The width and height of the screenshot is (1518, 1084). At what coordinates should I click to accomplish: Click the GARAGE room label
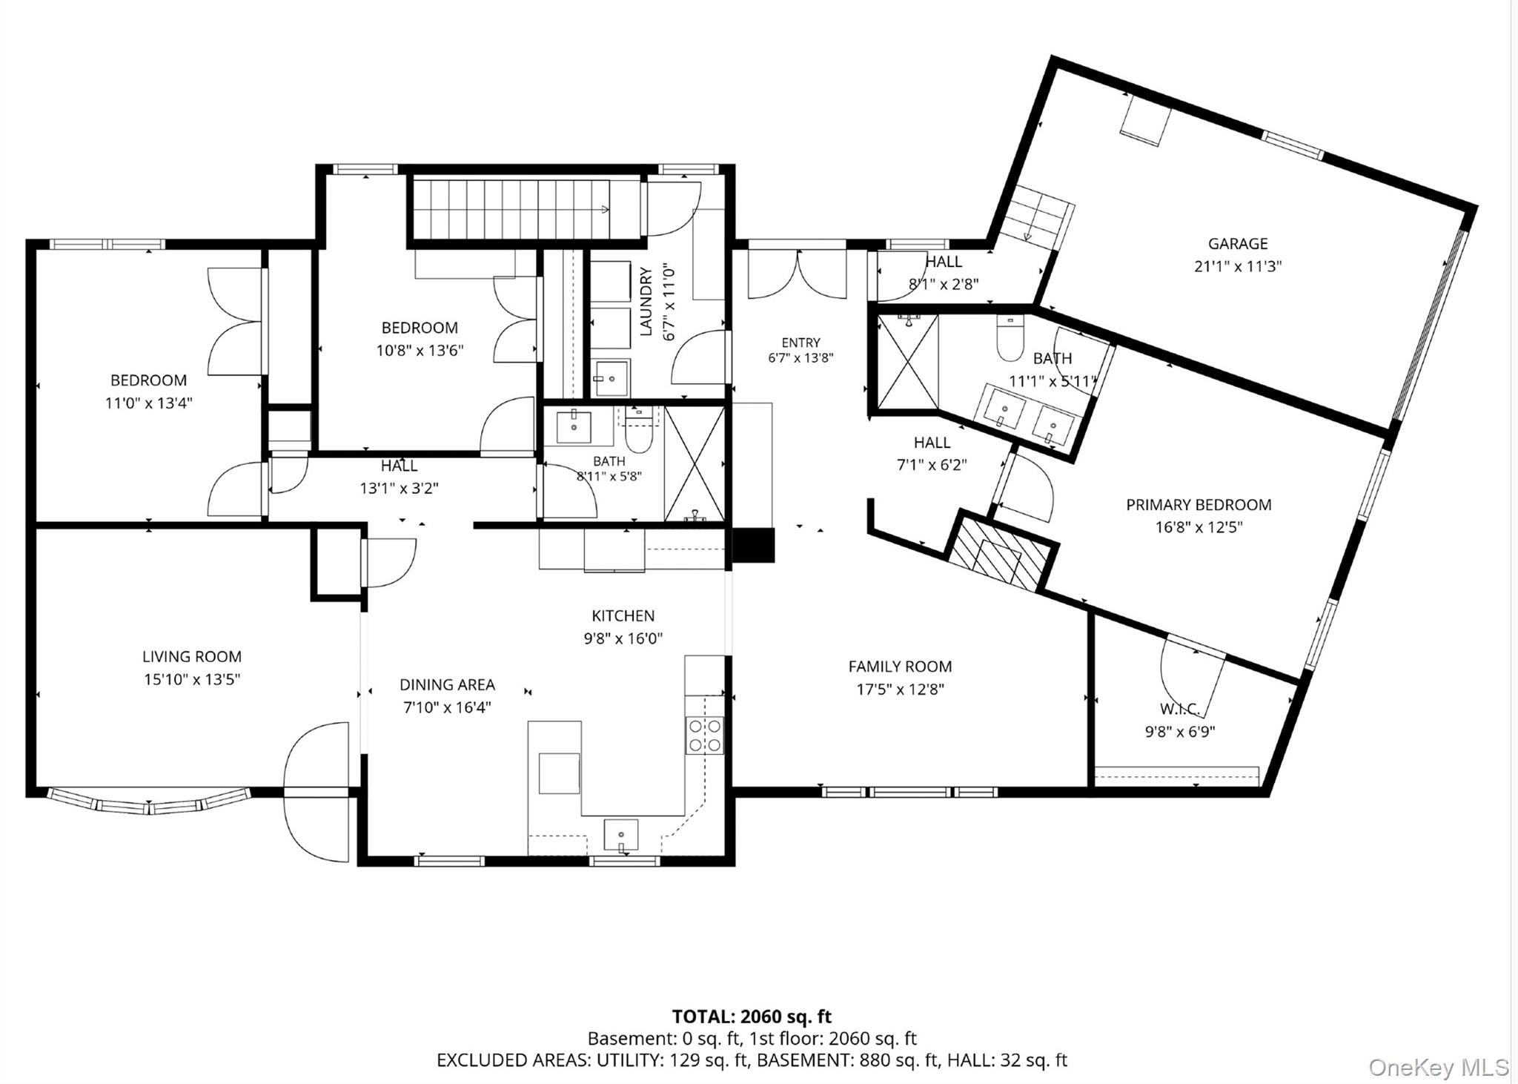[1238, 243]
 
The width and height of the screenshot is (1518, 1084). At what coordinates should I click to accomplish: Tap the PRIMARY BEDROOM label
[1199, 505]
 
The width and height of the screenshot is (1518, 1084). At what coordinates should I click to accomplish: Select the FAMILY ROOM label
[900, 667]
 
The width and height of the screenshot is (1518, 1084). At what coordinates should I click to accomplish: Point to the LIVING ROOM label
[192, 656]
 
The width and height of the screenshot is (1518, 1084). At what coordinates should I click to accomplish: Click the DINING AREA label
[447, 684]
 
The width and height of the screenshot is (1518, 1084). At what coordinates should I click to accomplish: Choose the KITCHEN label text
[623, 615]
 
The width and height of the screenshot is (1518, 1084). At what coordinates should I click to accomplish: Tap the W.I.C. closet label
[1180, 709]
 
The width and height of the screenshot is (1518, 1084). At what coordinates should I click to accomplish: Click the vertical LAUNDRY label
[646, 301]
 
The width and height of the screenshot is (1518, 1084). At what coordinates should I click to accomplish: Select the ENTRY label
[801, 343]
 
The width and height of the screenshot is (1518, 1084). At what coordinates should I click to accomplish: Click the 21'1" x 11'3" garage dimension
[1238, 266]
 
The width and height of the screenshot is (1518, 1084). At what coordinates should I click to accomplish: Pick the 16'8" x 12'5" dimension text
[1199, 527]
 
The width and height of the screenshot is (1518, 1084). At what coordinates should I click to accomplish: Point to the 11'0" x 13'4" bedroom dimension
[148, 403]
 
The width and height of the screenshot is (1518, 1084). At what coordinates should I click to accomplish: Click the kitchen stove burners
[704, 734]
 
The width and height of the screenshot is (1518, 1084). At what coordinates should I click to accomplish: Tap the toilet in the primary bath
[1010, 338]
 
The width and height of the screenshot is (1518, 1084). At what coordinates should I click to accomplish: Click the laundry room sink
[611, 378]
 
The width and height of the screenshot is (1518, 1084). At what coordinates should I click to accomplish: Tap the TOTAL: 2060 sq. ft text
[752, 1016]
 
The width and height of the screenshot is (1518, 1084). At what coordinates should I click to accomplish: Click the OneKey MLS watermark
[1438, 1067]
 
